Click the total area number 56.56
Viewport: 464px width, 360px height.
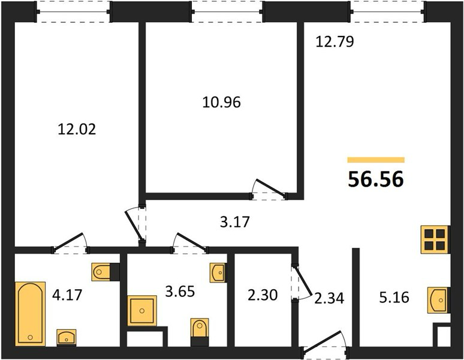tap(376, 179)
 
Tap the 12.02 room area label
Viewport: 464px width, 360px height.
tap(77, 130)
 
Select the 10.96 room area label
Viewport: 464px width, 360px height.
tap(222, 103)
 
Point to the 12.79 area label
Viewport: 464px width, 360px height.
tap(335, 41)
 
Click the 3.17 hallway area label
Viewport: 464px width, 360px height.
tap(235, 222)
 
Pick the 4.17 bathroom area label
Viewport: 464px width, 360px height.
tap(67, 295)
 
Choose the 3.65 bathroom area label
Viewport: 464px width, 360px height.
tap(180, 292)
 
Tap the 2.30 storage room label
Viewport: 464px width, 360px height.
tap(263, 295)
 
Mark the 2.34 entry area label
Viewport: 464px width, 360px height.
tap(329, 298)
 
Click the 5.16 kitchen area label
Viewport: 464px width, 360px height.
tap(394, 297)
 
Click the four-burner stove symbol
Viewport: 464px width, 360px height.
tap(435, 239)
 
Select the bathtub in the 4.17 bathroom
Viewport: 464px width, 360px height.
tap(31, 314)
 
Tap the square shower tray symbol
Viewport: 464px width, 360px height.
tap(142, 311)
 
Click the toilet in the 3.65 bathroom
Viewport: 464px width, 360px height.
tap(200, 332)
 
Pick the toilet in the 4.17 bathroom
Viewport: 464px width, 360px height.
tap(105, 271)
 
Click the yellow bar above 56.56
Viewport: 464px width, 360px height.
tap(376, 160)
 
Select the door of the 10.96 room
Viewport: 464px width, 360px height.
tap(269, 189)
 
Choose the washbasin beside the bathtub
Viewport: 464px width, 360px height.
tap(67, 337)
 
